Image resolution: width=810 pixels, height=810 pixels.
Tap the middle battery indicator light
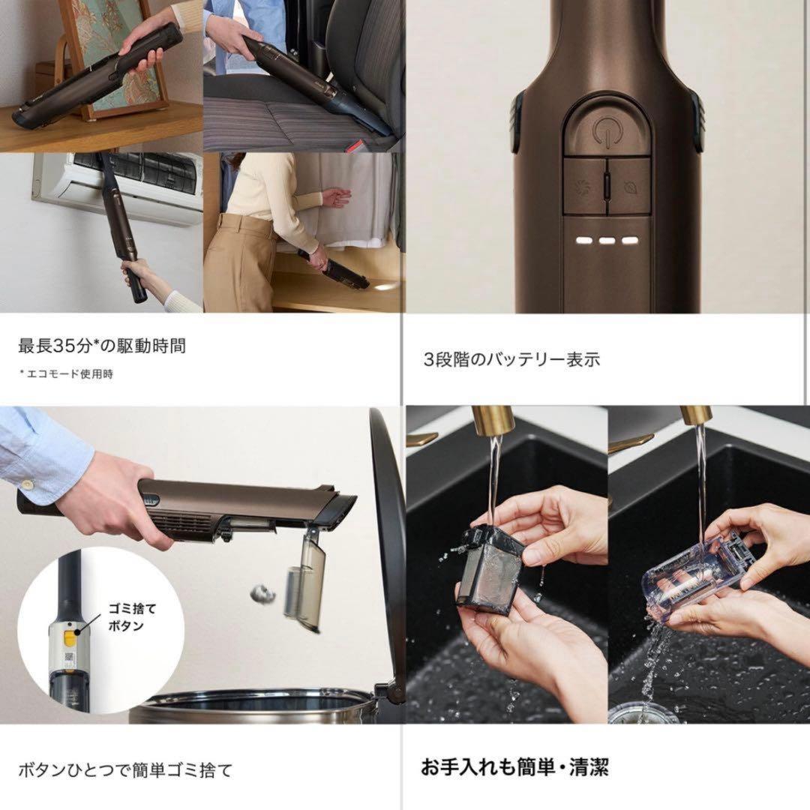(x=607, y=240)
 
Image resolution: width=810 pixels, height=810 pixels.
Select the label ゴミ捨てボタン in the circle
(x=125, y=617)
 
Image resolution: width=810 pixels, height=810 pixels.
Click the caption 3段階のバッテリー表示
(x=511, y=359)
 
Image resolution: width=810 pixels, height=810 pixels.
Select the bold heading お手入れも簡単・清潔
(x=514, y=767)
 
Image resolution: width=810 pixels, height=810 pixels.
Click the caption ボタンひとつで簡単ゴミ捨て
(x=125, y=770)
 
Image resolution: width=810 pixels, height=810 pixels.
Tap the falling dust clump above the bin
(x=262, y=594)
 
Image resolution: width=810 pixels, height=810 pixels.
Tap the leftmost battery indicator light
(x=583, y=240)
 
